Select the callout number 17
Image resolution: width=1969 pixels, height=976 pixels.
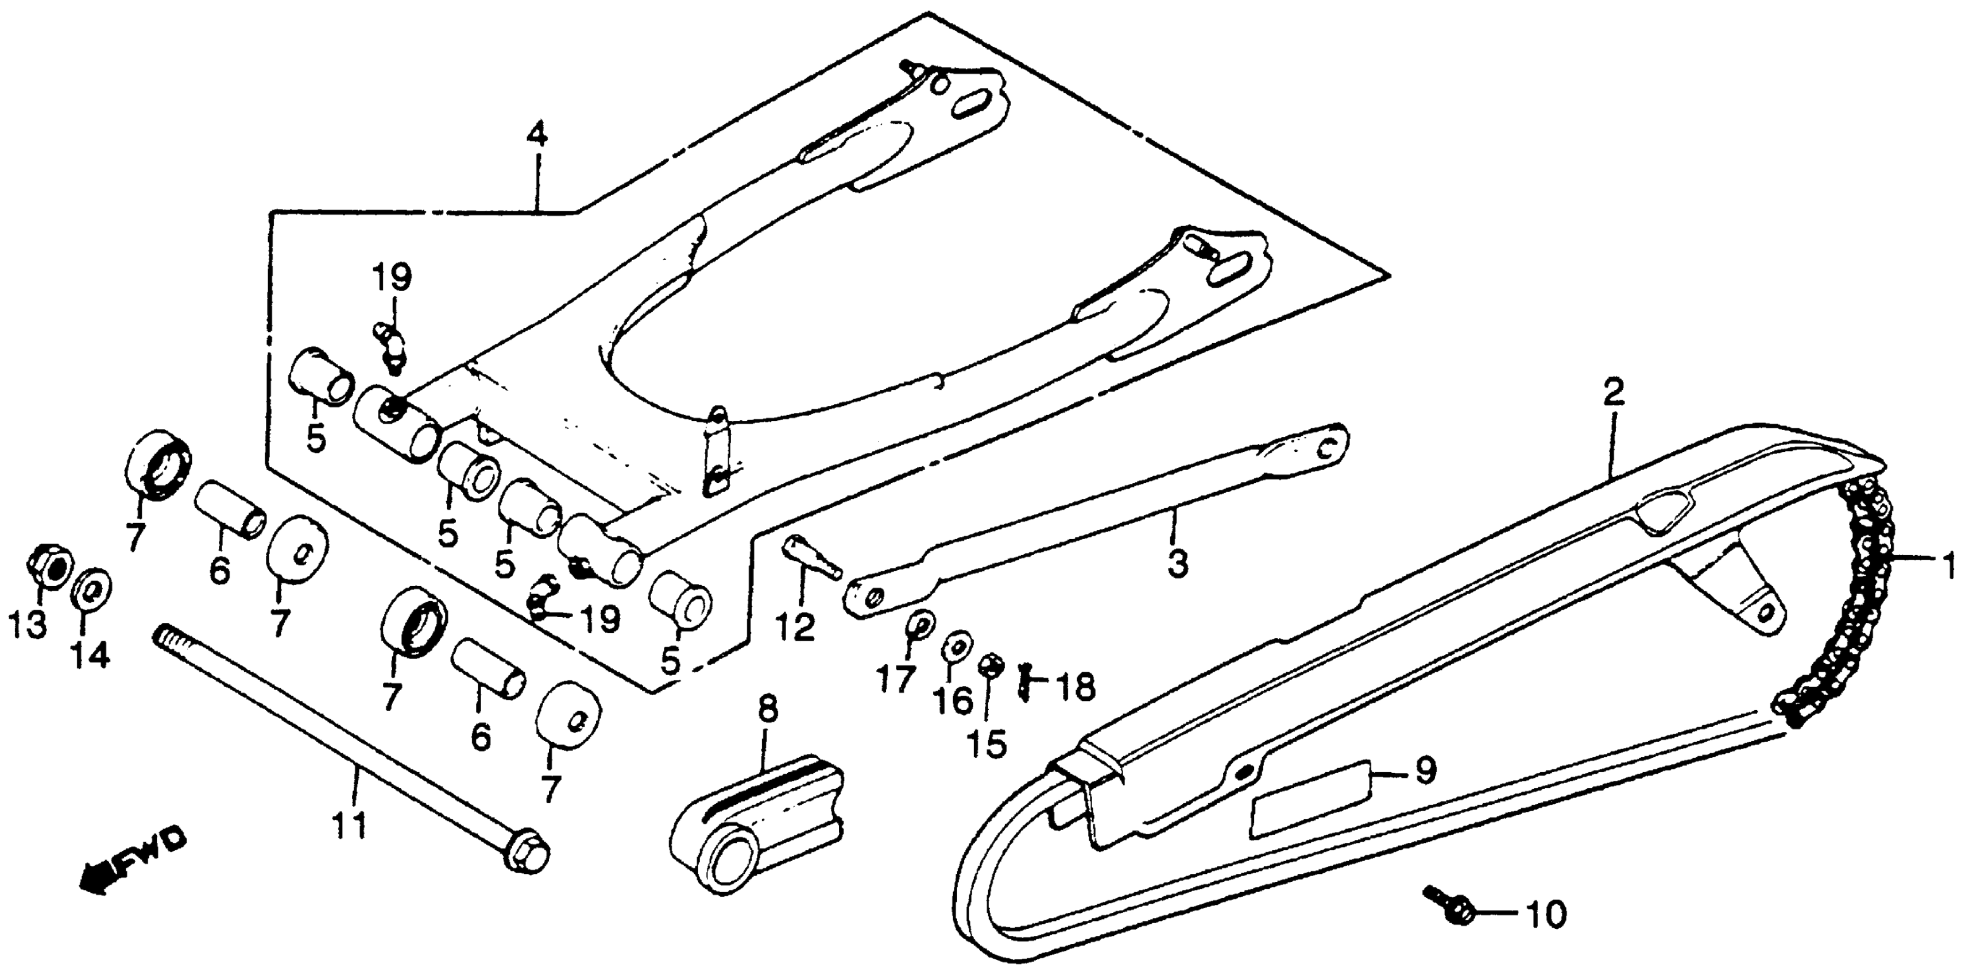(x=896, y=677)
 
